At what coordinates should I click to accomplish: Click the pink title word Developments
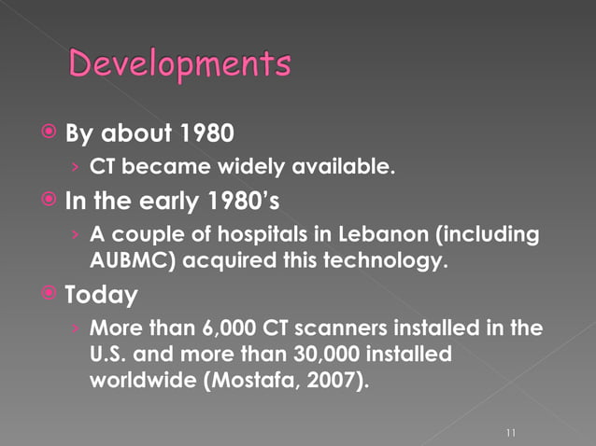180,65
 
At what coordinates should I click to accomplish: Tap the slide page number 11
510,433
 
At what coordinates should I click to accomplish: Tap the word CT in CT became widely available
103,168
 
